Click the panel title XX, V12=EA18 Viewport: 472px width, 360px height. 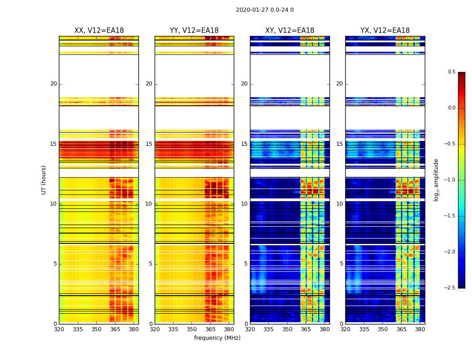(x=99, y=31)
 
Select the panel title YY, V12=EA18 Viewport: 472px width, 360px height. (x=194, y=31)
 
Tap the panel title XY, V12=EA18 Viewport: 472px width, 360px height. (x=289, y=31)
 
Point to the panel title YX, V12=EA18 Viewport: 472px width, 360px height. (x=385, y=31)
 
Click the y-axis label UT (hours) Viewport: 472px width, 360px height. (x=44, y=180)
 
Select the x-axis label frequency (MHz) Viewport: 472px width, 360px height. (x=217, y=338)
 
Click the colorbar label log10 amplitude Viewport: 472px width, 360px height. (x=436, y=180)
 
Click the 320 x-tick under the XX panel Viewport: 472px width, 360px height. (x=59, y=329)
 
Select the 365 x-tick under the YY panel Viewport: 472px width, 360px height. (x=210, y=329)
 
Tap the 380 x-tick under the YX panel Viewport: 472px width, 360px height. (x=420, y=329)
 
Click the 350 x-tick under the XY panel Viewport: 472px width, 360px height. (x=287, y=329)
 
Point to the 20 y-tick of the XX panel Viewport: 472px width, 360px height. (x=53, y=84)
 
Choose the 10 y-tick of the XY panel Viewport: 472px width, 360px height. (x=244, y=204)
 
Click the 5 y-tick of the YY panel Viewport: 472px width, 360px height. (x=151, y=264)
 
